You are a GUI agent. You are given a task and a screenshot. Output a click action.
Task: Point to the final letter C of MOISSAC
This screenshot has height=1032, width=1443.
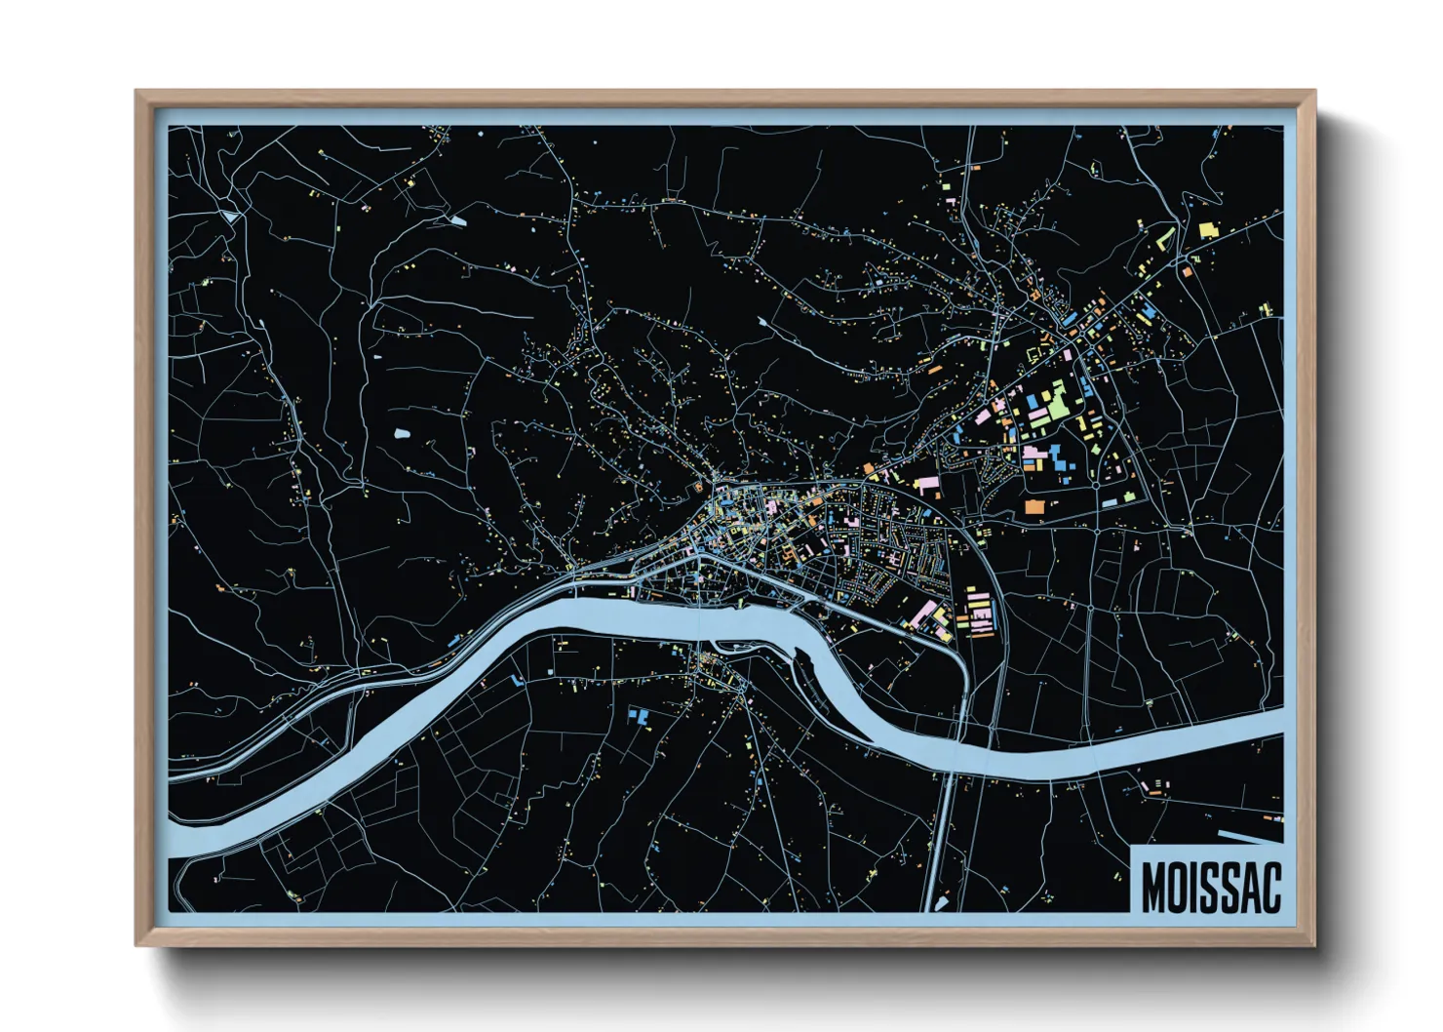[x=1268, y=887]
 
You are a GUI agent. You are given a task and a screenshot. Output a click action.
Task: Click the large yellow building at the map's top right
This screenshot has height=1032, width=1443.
[x=1209, y=230]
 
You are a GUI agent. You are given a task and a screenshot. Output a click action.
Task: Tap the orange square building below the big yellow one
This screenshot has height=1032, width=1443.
[x=1188, y=272]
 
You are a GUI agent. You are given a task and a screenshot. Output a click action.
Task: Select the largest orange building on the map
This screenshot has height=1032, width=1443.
[x=1033, y=506]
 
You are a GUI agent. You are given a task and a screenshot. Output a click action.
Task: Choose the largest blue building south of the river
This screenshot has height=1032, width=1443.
[x=640, y=717]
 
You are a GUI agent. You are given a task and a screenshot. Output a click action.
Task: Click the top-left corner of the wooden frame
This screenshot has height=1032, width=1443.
[x=136, y=92]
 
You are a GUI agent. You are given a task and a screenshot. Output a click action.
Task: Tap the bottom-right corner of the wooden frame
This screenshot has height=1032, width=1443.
[x=1314, y=944]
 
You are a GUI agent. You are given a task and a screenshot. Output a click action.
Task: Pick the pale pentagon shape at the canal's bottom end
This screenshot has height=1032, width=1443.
[x=942, y=904]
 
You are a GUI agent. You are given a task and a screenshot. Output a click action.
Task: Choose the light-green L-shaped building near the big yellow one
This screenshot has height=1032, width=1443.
[x=1165, y=237]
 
